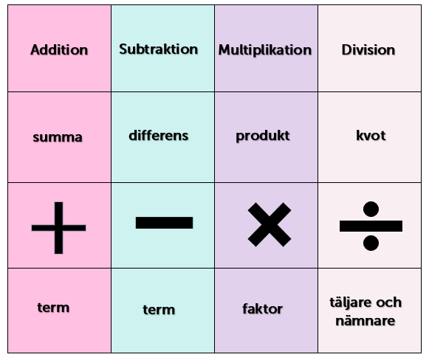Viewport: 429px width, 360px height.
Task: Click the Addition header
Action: [x=59, y=49]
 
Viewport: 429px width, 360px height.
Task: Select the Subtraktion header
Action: [x=159, y=49]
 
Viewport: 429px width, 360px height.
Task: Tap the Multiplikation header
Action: [x=265, y=50]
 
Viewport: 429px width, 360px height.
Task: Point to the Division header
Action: [x=368, y=49]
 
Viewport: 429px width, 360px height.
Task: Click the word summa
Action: [x=58, y=137]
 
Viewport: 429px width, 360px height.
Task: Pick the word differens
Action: [x=159, y=135]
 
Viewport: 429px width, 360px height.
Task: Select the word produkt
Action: [x=263, y=136]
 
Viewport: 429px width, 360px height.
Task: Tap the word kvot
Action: [x=371, y=135]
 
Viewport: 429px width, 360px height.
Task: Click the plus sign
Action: [x=58, y=228]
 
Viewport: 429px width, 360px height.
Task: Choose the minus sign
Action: [x=164, y=223]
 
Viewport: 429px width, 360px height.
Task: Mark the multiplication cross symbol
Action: [x=270, y=224]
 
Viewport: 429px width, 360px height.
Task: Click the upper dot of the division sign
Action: [x=371, y=209]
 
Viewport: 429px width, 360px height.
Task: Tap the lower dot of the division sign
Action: [x=371, y=243]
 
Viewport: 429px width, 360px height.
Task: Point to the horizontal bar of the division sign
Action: [x=371, y=226]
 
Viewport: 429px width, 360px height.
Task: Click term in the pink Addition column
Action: [x=53, y=308]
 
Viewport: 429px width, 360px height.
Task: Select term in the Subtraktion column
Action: [x=159, y=310]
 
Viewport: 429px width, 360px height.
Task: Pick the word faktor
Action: [x=262, y=309]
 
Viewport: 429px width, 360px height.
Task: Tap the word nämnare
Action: [x=365, y=321]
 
